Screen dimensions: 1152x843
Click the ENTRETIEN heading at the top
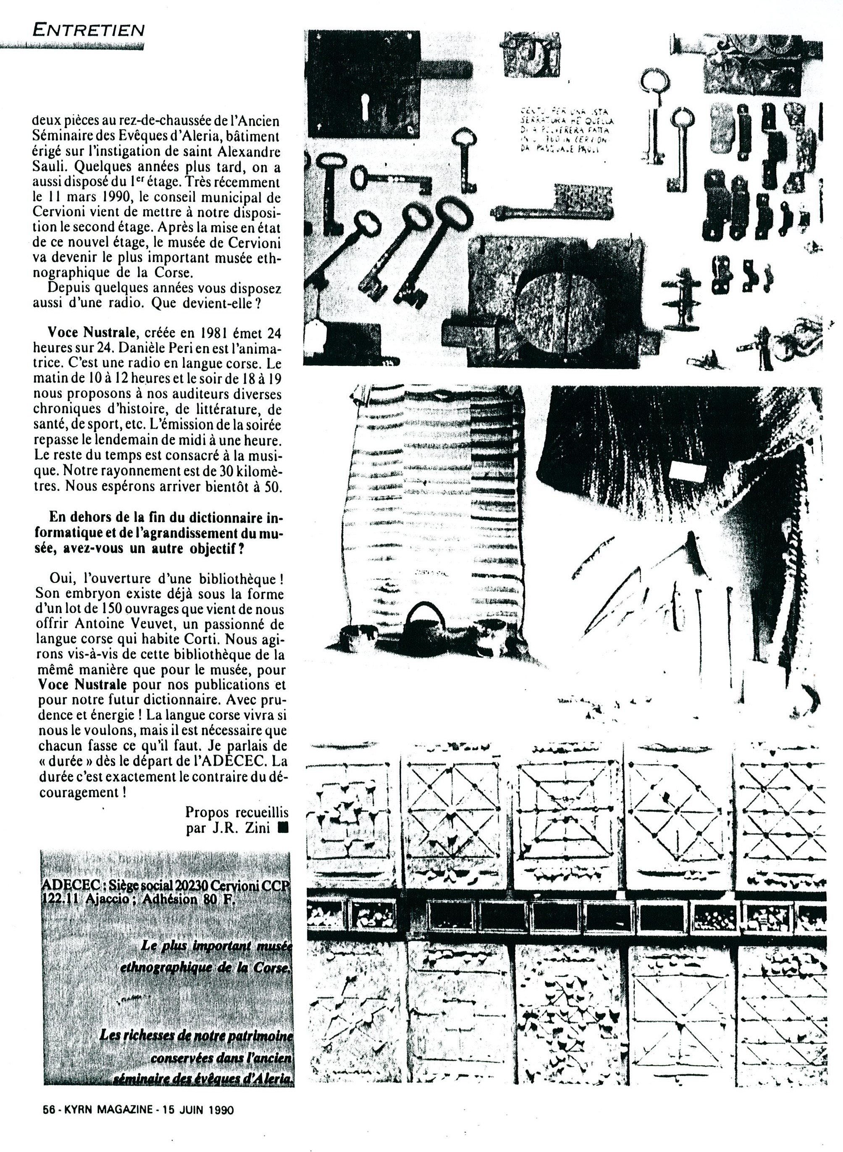[x=88, y=29]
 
